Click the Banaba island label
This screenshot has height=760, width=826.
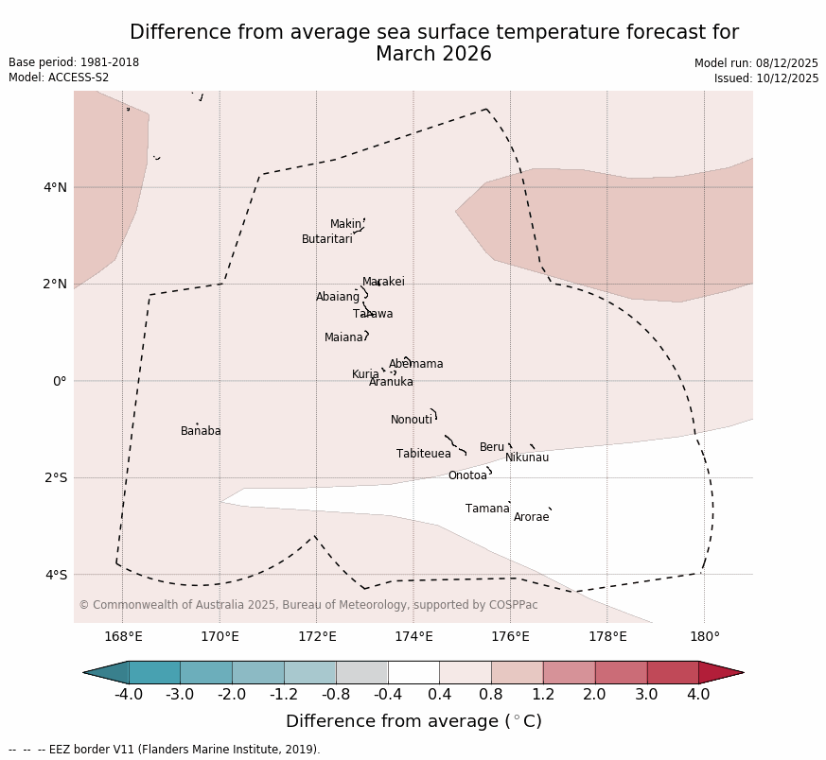click(201, 431)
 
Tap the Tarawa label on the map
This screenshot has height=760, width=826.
click(373, 314)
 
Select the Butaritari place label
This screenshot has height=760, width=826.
click(326, 239)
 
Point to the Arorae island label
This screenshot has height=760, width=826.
click(531, 517)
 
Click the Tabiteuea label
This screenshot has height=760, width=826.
click(423, 454)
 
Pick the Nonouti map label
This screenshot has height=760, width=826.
click(411, 420)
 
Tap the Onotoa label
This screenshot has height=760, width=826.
click(467, 475)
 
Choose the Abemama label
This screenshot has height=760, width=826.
click(415, 364)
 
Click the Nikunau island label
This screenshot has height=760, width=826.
click(526, 458)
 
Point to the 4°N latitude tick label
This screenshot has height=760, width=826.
click(55, 187)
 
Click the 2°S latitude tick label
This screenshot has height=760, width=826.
click(55, 477)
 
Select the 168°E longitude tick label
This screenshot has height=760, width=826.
click(123, 636)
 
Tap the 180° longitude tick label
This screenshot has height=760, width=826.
click(704, 636)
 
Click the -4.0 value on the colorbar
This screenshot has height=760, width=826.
click(129, 695)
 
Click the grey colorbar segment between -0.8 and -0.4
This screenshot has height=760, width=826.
click(361, 672)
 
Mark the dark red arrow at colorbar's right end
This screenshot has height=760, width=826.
click(720, 672)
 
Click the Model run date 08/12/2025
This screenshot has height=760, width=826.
click(756, 63)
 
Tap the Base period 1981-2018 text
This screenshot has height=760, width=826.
click(74, 62)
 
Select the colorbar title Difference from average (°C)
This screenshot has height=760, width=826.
click(413, 721)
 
